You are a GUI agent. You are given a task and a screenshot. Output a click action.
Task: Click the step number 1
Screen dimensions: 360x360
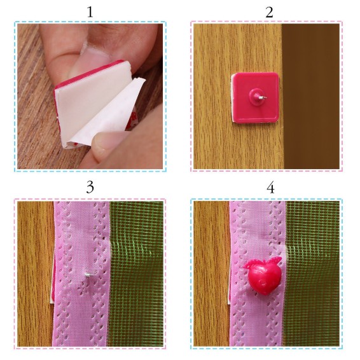(x=90, y=12)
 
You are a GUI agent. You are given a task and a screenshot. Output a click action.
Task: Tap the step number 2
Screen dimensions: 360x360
(x=269, y=12)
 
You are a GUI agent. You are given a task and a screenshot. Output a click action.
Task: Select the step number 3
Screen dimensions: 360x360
(x=90, y=188)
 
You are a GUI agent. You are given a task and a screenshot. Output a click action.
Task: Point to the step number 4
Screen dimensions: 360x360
(x=271, y=188)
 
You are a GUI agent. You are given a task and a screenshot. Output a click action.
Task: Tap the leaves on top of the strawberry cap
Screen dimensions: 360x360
(x=263, y=263)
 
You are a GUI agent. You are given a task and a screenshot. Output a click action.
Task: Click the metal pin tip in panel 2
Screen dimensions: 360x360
(x=263, y=98)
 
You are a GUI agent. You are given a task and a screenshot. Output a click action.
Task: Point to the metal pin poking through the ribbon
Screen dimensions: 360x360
(x=88, y=274)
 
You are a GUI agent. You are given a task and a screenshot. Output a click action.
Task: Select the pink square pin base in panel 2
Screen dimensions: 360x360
(x=256, y=97)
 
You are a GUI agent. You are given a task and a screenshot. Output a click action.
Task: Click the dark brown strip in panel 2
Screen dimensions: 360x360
(x=311, y=97)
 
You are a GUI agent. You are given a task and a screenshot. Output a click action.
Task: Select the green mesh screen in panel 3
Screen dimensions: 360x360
(x=136, y=273)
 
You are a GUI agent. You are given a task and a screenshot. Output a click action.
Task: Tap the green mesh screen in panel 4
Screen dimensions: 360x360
(x=312, y=273)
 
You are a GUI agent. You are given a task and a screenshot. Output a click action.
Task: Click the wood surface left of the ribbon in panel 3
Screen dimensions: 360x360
(x=35, y=273)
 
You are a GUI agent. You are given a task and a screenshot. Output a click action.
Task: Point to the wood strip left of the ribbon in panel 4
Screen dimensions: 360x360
(x=211, y=273)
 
